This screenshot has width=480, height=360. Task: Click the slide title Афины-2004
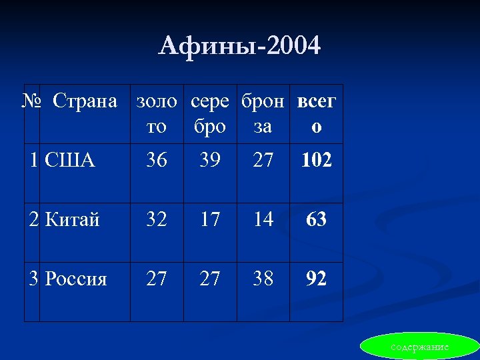pos(239,46)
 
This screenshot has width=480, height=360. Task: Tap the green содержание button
pos(419,347)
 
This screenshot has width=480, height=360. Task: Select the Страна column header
pos(85,102)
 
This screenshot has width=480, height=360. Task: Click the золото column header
pos(157,114)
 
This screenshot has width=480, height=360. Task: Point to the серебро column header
pos(210,114)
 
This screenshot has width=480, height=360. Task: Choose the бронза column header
pos(263,114)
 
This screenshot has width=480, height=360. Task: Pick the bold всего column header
pos(317,114)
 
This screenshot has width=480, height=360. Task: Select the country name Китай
pos(73,219)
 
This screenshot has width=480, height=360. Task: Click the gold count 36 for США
pos(157,160)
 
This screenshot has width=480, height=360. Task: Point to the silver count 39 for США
pos(210,160)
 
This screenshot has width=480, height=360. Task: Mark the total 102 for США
pos(317,160)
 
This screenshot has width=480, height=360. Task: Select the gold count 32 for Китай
pos(157,219)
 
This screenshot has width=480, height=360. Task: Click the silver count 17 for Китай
pos(210,219)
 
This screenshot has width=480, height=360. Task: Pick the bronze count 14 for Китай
pos(263,219)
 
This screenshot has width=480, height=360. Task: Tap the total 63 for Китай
pos(317,219)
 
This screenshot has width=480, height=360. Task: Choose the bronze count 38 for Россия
pos(263,278)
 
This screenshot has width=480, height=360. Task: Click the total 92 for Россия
pos(317,278)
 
